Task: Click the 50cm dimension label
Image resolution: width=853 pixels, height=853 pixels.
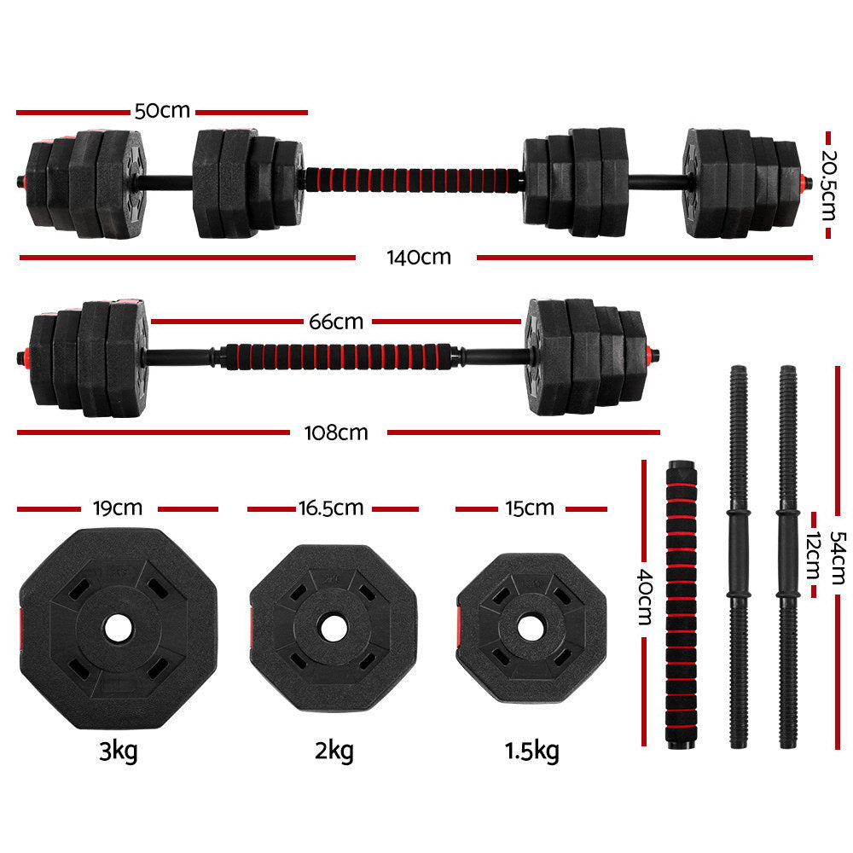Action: coord(162,112)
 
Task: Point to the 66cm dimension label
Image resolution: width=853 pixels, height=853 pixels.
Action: coord(335,322)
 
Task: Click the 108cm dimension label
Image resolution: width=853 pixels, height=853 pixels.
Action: coord(337,432)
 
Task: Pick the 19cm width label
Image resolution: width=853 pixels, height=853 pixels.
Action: coord(117,508)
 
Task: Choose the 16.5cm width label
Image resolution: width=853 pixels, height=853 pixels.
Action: coord(331,508)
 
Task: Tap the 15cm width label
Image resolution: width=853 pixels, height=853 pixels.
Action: coord(529,508)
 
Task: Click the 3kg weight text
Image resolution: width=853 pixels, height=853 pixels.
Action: coord(118,751)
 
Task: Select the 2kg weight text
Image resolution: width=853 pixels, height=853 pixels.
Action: coord(334,751)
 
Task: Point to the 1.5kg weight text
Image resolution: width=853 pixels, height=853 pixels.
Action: coord(531,751)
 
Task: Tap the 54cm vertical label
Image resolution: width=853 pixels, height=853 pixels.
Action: coord(840,554)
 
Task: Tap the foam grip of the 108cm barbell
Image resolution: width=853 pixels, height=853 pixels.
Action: coord(336,356)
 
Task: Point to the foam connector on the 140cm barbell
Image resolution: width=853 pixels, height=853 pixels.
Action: coord(415,181)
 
